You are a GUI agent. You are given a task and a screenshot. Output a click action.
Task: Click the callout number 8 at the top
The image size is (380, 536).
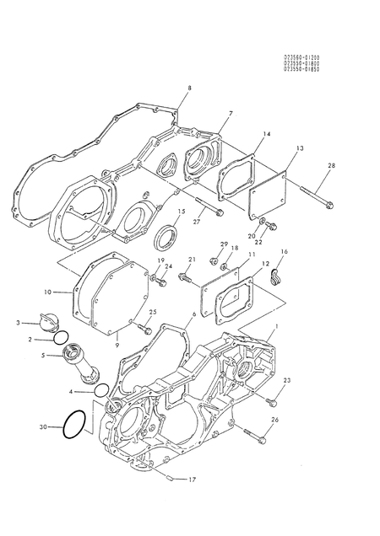[189, 88]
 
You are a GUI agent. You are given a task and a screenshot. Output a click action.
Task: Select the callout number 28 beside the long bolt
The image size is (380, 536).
[331, 166]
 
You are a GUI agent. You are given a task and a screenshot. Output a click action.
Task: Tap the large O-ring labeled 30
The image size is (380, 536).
[75, 427]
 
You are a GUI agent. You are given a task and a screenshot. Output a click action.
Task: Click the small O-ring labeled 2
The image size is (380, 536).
[61, 339]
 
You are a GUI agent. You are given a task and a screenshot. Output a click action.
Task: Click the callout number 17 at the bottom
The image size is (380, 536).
[192, 480]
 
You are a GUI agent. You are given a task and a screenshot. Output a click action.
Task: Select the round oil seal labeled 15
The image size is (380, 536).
[165, 236]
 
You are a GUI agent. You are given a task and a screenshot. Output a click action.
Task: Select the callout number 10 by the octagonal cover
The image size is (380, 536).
[47, 292]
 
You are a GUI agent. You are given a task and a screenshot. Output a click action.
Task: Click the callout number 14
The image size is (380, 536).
[266, 134]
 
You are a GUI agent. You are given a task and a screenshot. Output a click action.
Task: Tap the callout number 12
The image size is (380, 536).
[266, 264]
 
